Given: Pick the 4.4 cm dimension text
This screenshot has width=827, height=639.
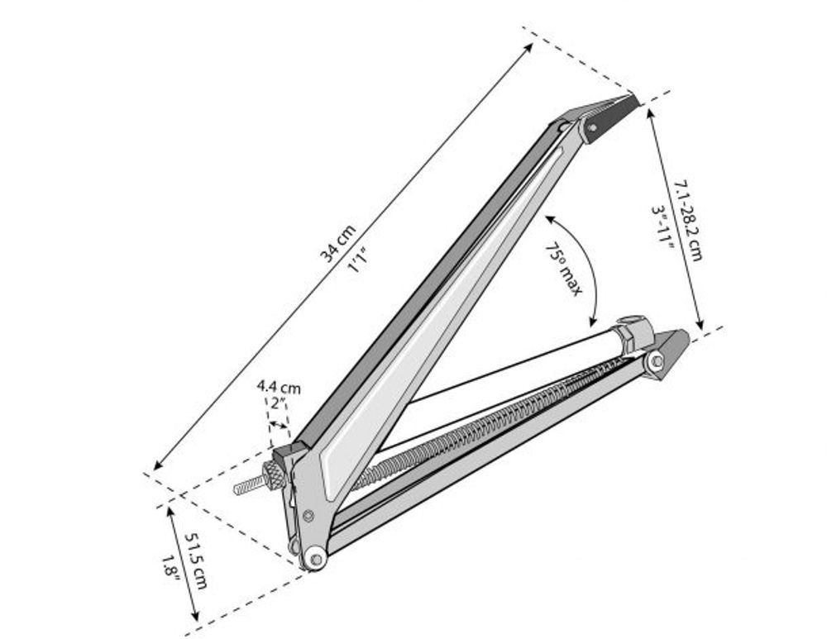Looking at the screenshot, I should pyautogui.click(x=279, y=386).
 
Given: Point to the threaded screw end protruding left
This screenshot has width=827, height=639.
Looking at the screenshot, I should pyautogui.click(x=246, y=485).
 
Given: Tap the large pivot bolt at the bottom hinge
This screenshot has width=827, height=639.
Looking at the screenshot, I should pyautogui.click(x=313, y=559).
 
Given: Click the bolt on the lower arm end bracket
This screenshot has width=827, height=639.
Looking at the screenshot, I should pyautogui.click(x=656, y=360).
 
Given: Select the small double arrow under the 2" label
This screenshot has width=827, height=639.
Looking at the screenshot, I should pyautogui.click(x=279, y=425).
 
